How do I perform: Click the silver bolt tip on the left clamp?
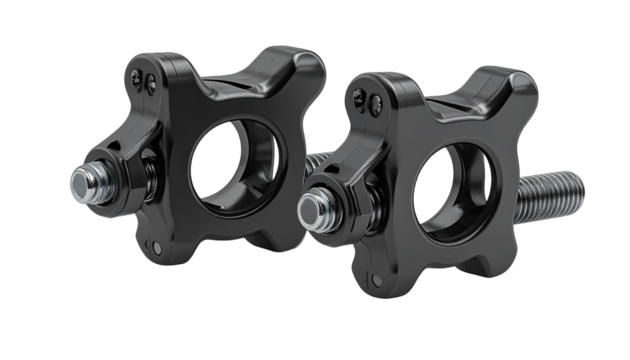pos(80,185)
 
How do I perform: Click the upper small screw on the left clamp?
pos(140,74)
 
